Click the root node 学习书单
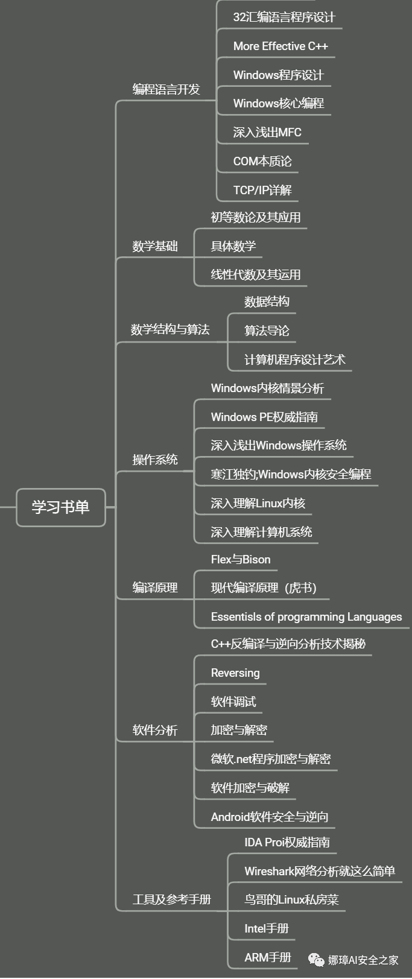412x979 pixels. (60, 507)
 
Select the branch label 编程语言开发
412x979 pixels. (166, 89)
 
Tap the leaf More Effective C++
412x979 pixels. (280, 46)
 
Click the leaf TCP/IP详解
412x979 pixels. (262, 190)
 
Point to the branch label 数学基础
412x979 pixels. (155, 246)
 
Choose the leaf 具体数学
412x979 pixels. (233, 246)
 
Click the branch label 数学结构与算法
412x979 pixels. (170, 329)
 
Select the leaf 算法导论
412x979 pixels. (267, 331)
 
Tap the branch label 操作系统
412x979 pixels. (155, 460)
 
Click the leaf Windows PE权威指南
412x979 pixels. (264, 417)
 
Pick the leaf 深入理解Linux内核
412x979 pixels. (258, 503)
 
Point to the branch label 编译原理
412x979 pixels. (155, 588)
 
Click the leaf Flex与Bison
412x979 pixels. (241, 559)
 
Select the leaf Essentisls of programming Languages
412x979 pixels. (306, 616)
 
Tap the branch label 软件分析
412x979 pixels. (155, 730)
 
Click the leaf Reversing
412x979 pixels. (235, 673)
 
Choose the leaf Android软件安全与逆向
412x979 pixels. (270, 817)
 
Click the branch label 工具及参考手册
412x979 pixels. (172, 899)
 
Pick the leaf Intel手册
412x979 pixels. (267, 928)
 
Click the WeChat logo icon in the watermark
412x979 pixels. (316, 960)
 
